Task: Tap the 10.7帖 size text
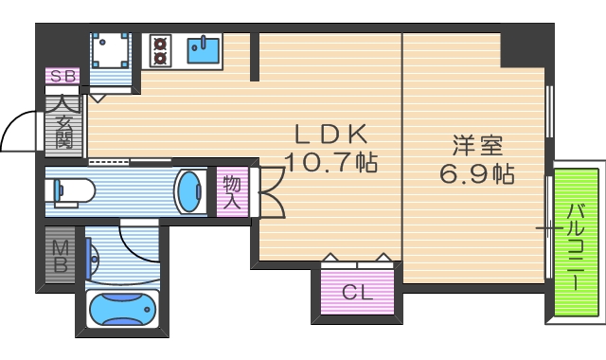(331, 162)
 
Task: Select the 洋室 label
(476, 147)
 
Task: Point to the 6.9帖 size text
(477, 175)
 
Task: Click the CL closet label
(357, 293)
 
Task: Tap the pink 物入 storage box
(232, 191)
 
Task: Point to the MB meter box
(60, 255)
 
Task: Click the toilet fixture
(71, 191)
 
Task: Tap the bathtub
(120, 309)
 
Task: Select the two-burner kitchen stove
(158, 50)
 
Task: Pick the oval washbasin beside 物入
(188, 191)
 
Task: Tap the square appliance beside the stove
(113, 50)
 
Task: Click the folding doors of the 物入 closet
(268, 192)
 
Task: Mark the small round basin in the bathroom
(93, 257)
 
